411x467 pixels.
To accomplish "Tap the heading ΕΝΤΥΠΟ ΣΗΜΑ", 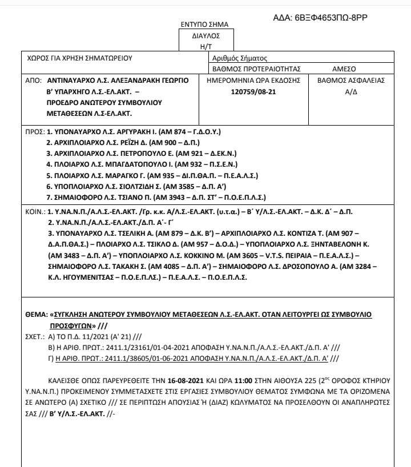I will (x=204, y=25).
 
